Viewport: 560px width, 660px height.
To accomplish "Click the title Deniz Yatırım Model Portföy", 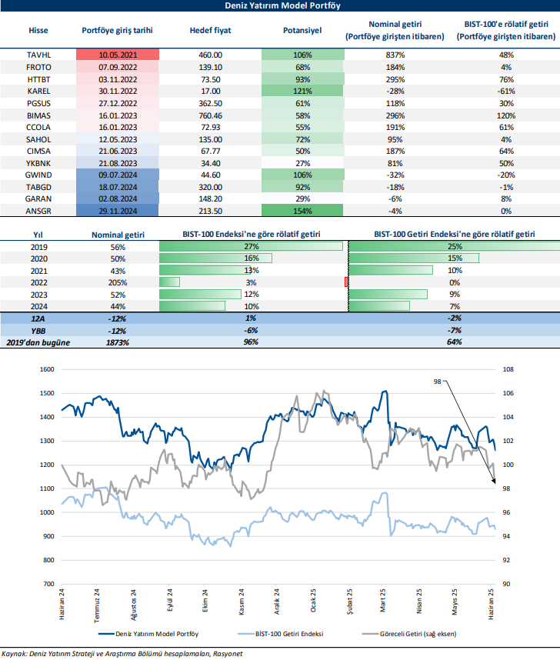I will point(280,6).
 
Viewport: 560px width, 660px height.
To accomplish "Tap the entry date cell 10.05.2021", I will point(118,55).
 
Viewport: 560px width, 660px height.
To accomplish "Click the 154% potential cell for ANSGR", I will point(302,210).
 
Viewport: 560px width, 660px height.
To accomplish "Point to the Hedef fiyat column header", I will point(210,31).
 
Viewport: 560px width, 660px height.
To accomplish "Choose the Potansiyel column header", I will point(302,31).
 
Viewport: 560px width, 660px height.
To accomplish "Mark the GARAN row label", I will point(38,198).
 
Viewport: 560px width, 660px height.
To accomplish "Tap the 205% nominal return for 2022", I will point(118,282).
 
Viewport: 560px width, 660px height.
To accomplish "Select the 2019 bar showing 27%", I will point(252,246).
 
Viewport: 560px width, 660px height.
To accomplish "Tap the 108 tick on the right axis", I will point(507,369).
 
